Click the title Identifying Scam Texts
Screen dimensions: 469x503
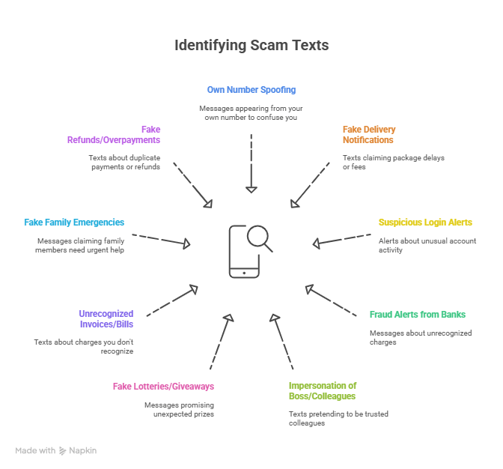click(x=251, y=45)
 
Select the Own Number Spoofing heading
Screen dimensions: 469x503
click(x=251, y=90)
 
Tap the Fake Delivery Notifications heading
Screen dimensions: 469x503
click(x=369, y=135)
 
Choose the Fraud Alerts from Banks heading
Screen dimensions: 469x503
click(x=418, y=315)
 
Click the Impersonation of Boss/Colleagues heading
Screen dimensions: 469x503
click(x=323, y=390)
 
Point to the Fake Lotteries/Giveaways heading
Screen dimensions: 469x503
click(x=163, y=387)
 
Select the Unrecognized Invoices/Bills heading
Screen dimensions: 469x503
click(x=106, y=319)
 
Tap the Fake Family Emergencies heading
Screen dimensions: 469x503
click(x=74, y=223)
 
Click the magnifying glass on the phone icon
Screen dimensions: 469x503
click(x=260, y=237)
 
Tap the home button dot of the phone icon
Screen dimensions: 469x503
click(x=244, y=273)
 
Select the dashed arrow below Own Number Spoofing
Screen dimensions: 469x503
click(x=251, y=163)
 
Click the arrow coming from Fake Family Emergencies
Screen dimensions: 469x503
click(x=161, y=240)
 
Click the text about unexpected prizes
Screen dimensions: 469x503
click(x=179, y=410)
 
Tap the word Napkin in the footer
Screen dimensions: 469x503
click(x=83, y=451)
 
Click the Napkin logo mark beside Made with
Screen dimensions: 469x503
click(x=63, y=451)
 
